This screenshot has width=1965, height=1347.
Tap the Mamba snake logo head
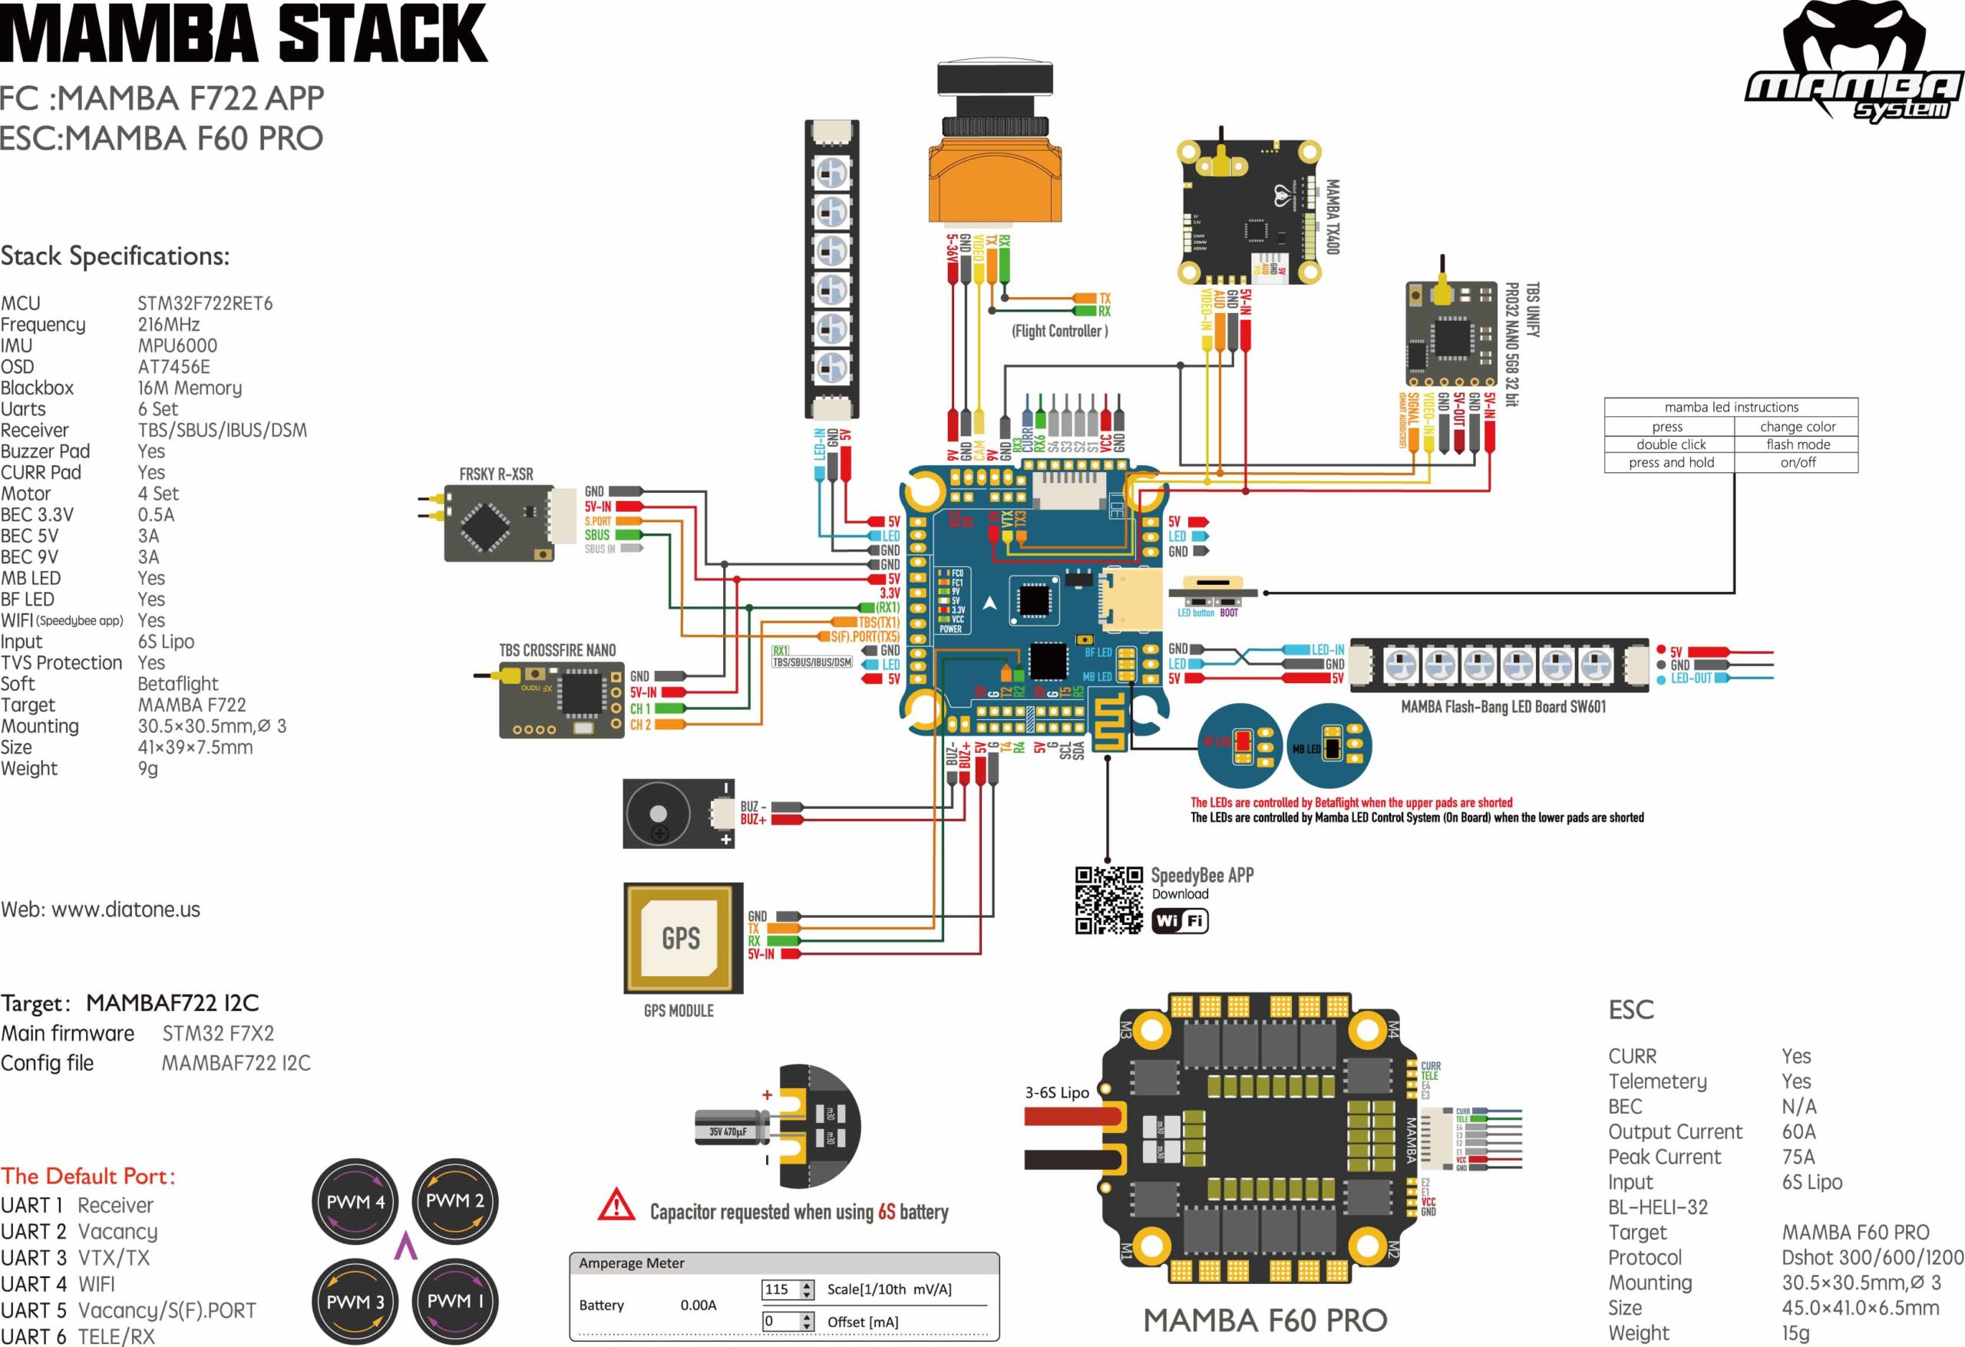point(1854,42)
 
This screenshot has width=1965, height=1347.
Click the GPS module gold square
point(682,938)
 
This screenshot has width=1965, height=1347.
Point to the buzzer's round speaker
point(658,814)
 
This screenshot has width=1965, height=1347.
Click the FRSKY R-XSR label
point(496,474)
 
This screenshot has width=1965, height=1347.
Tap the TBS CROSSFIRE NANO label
point(557,650)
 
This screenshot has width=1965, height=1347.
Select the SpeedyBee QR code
point(1108,900)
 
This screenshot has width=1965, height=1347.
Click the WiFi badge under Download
point(1180,921)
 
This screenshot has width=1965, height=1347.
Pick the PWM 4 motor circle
point(355,1202)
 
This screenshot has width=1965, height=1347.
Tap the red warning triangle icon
point(616,1205)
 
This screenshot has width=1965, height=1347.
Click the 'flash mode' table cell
point(1797,444)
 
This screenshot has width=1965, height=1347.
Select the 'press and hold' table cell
point(1671,463)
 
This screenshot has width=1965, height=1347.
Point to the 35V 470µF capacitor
point(730,1131)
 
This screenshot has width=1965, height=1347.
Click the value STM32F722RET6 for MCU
point(205,304)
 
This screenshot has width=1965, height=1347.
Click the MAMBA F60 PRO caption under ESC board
point(1265,1320)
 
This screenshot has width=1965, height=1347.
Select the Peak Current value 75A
point(1798,1157)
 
